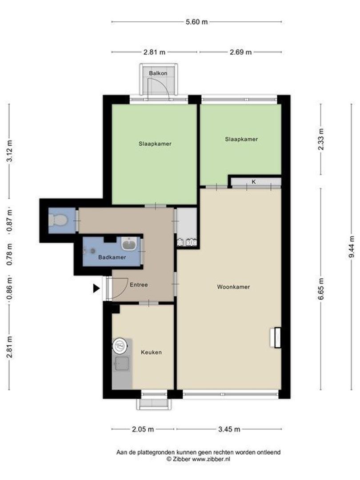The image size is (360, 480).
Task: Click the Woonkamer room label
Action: click(233, 287)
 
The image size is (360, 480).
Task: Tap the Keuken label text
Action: click(151, 352)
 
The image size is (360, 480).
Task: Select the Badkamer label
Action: click(112, 257)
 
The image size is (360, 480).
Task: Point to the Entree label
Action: click(139, 285)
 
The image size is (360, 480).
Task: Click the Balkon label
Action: click(158, 73)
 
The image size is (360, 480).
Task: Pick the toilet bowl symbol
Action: click(57, 220)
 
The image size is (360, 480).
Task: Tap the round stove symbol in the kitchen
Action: click(120, 346)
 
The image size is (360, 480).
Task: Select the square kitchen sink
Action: click(121, 364)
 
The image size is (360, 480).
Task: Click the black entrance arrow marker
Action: click(96, 288)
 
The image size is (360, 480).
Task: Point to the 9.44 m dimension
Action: click(352, 247)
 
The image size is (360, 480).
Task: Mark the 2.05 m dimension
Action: click(143, 429)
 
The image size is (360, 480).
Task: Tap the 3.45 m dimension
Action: click(229, 429)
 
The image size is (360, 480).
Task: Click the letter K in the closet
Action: click(254, 182)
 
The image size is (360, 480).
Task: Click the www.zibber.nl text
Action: click(211, 459)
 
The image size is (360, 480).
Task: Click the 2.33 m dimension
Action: click(321, 139)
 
